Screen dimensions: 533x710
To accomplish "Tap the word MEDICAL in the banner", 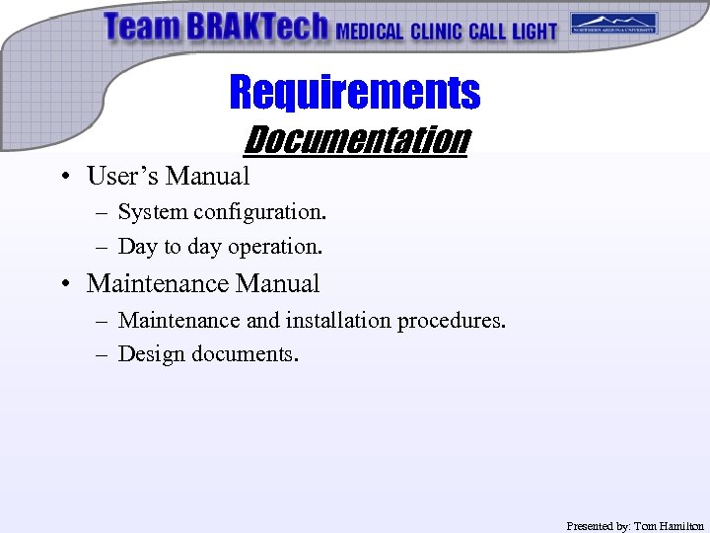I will [x=370, y=32].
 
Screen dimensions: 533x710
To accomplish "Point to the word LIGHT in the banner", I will [x=533, y=32].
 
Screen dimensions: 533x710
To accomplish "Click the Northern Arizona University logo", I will [x=613, y=23].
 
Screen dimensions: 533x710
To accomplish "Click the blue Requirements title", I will [x=354, y=93].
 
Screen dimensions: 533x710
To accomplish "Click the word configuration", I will [x=259, y=212].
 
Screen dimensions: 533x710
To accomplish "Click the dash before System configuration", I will [x=104, y=212].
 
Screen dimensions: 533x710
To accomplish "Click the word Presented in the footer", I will [x=591, y=526].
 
